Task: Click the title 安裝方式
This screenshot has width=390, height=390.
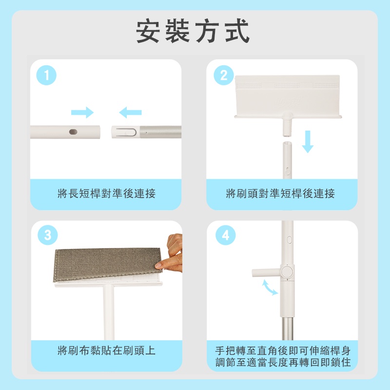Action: (x=193, y=31)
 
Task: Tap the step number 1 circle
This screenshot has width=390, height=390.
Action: (x=46, y=75)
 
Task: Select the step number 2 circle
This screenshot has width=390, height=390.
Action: (x=224, y=75)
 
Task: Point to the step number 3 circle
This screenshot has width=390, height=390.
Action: (x=47, y=235)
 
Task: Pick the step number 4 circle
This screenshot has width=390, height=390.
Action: (x=225, y=235)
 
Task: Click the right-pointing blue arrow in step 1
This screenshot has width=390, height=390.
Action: (x=82, y=113)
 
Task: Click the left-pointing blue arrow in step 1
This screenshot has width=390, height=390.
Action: (x=130, y=113)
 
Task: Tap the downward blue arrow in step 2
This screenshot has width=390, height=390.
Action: (x=308, y=141)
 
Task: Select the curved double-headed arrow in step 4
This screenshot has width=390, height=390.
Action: (x=270, y=288)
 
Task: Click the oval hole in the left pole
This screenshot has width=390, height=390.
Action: (x=73, y=132)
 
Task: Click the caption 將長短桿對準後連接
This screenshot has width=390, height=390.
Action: (x=106, y=194)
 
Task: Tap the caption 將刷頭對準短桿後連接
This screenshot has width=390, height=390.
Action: (x=280, y=194)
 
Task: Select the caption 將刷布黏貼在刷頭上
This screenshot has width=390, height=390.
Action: (x=106, y=351)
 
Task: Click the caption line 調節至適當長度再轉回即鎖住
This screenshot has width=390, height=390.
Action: (x=283, y=362)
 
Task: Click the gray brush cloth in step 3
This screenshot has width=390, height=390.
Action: (x=107, y=264)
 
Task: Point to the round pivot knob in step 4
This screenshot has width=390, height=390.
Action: (x=287, y=272)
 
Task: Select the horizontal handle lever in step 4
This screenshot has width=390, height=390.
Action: (x=266, y=273)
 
